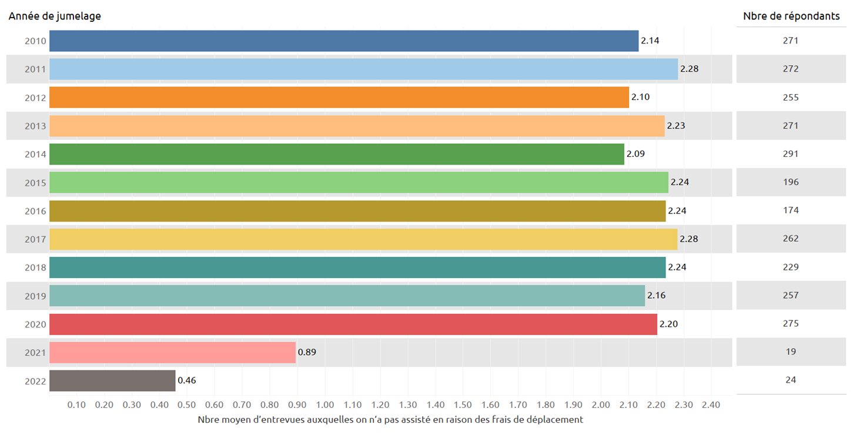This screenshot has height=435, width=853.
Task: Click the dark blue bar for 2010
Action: [x=344, y=41]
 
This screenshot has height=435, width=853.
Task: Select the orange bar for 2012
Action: [x=339, y=98]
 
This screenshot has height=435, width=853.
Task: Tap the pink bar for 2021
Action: [x=172, y=352]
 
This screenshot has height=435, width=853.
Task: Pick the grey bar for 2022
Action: [x=112, y=380]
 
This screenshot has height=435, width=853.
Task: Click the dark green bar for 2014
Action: [x=337, y=154]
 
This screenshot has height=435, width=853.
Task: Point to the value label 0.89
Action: [x=307, y=352]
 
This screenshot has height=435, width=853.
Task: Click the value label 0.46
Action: [x=187, y=380]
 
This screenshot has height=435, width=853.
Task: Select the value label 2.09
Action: [x=635, y=154]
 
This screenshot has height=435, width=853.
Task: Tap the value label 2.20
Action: [x=668, y=324]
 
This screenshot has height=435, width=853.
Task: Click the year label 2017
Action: [x=35, y=239]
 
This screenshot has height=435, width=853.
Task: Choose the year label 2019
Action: [x=35, y=296]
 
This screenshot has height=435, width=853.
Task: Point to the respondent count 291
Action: [x=791, y=154]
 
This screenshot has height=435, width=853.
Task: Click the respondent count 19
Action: [x=791, y=352]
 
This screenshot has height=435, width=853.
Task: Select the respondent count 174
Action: [x=791, y=210]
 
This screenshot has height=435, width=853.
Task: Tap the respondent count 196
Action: [x=791, y=182]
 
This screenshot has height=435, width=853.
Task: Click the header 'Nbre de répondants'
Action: [x=791, y=16]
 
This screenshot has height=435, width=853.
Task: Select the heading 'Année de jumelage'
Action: [x=55, y=16]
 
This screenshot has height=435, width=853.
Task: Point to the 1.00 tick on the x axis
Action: [x=325, y=404]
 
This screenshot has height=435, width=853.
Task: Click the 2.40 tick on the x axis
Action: [x=711, y=404]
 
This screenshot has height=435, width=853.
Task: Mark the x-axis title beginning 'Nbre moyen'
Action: [x=390, y=420]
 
